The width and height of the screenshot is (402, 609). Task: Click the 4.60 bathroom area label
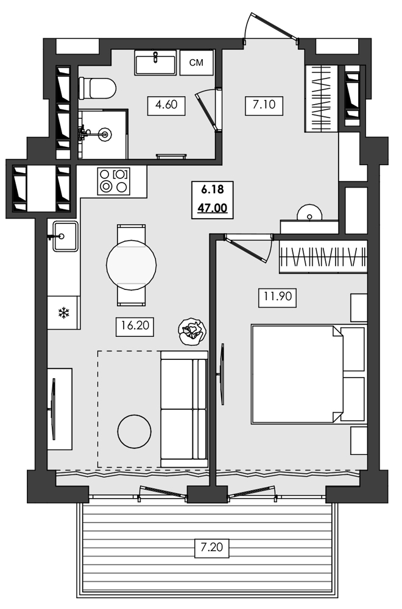166,104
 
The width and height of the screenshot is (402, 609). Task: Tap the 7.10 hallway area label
261,104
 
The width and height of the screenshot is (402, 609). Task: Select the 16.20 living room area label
134,326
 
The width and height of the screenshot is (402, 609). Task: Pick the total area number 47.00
212,208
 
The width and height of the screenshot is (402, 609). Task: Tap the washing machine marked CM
196,62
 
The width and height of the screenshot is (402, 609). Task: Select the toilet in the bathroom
97,89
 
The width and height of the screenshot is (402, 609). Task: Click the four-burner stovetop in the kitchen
114,181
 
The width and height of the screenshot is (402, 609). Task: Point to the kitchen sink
64,236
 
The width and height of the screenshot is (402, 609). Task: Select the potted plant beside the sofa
192,332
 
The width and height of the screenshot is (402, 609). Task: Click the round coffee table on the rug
133,431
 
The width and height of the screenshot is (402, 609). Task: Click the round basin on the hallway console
309,214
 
